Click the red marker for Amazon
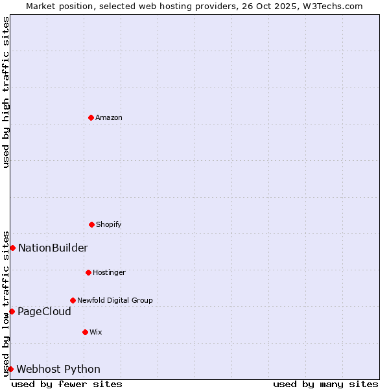coord(91,117)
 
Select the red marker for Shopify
coord(91,224)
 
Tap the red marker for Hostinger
coord(88,272)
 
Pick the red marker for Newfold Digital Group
coord(73,300)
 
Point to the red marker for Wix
coord(85,332)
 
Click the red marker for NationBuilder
coord(12,248)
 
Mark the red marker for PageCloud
coord(12,311)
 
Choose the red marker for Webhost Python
coord(10,369)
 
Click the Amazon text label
coord(109,117)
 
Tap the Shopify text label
coord(109,224)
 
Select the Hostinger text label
coord(109,272)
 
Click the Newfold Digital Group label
coord(115,300)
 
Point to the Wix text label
coord(96,332)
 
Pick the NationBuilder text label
coord(53,248)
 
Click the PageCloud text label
coord(44,311)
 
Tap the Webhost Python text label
coord(58,369)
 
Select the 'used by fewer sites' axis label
coord(67,384)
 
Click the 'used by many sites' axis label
coord(325,384)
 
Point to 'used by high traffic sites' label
coord(6,92)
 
